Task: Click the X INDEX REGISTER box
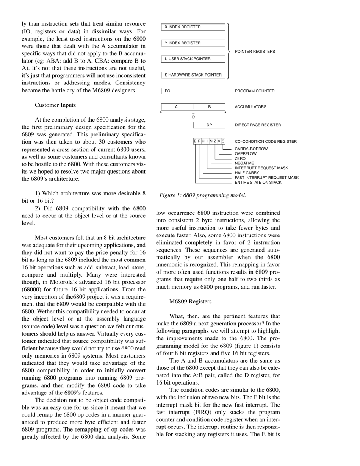pos(193,27)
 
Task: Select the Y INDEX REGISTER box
pos(193,43)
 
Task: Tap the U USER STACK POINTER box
pos(193,59)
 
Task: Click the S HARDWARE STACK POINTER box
pos(193,75)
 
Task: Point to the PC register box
pos(193,91)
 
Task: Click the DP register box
pos(209,125)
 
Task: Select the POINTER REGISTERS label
pos(255,52)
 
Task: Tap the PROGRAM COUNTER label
pos(255,91)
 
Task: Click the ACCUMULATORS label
pos(250,107)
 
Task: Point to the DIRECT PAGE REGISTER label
pos(258,125)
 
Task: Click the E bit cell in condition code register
pos(195,141)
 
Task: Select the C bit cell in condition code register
pos(223,141)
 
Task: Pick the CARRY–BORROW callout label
pos(251,149)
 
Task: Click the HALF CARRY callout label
pos(247,173)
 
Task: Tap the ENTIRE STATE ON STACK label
pos(258,183)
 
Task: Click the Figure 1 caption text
pos(203,195)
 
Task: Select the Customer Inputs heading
pos(55,105)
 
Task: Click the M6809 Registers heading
pos(190,302)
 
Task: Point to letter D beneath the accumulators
pos(193,117)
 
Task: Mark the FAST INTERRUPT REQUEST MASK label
pos(266,178)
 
